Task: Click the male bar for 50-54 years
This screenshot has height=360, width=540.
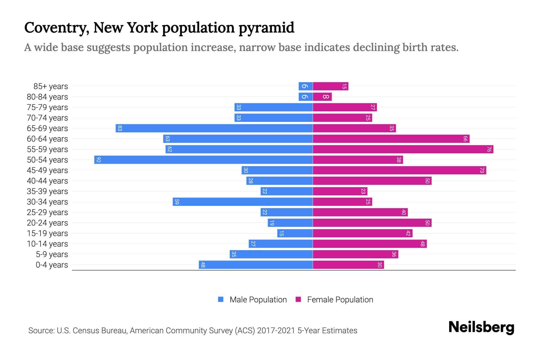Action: [203, 160]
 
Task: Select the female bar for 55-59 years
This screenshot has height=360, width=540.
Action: [403, 149]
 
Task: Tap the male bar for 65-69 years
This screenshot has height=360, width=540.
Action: [214, 128]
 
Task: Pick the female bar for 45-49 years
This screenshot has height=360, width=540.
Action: [399, 170]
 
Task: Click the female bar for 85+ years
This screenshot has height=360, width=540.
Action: [331, 86]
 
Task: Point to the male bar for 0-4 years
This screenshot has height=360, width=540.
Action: [256, 265]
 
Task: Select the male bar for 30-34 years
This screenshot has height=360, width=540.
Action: [243, 202]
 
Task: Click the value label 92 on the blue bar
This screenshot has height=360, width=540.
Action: [99, 160]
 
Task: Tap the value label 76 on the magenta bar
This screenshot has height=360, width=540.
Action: [489, 149]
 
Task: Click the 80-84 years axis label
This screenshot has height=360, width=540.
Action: [47, 97]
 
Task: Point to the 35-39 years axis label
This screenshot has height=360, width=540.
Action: [47, 191]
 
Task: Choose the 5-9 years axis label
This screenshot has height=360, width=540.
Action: [52, 254]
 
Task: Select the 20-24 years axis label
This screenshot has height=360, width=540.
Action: [47, 223]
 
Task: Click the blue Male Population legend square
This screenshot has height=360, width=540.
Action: [221, 299]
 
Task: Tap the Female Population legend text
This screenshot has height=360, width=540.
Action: [340, 299]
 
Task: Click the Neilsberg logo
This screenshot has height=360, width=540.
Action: [481, 327]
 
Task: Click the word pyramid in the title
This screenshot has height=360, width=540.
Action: [266, 28]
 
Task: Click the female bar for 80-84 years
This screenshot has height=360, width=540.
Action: [322, 97]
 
